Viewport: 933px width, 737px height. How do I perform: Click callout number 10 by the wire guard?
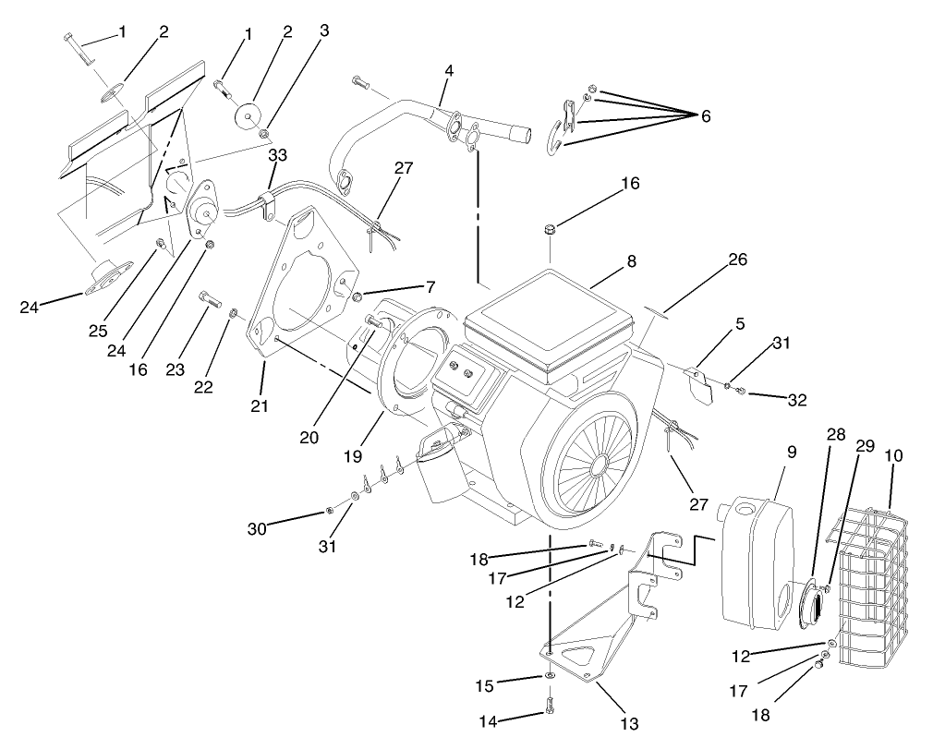tap(893, 455)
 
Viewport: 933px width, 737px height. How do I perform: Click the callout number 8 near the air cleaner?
tap(631, 261)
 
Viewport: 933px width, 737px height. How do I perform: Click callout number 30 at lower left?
tap(256, 528)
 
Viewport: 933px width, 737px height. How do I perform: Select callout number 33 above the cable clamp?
tap(277, 156)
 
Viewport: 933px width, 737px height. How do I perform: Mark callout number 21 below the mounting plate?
tap(260, 405)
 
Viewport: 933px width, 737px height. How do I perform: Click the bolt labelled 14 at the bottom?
tap(550, 707)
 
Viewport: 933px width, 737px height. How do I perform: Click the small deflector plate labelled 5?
tap(699, 383)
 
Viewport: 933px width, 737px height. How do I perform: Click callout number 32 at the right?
tap(796, 400)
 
